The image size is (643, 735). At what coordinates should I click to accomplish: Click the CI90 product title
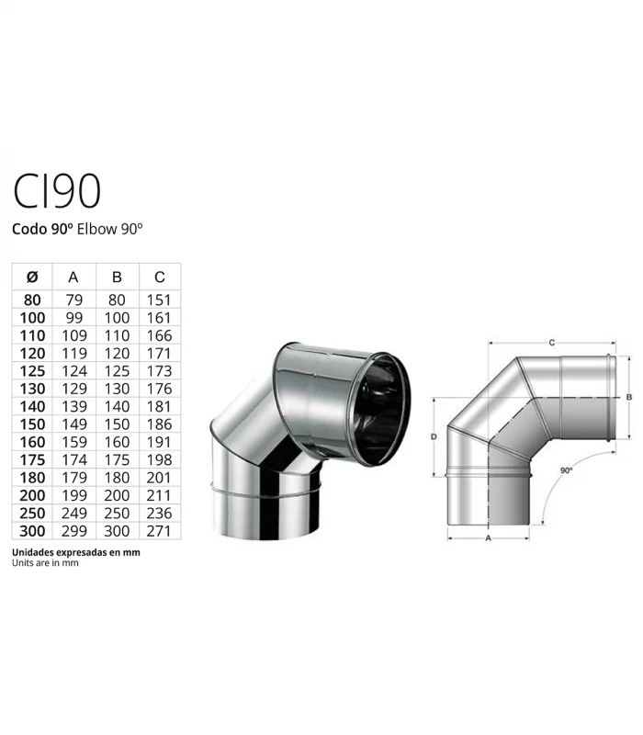[57, 190]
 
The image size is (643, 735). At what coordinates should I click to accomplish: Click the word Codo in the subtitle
[30, 230]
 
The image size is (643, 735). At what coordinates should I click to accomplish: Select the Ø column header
[32, 277]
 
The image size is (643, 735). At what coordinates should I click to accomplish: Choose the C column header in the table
[160, 277]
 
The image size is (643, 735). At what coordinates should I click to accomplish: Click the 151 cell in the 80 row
[160, 300]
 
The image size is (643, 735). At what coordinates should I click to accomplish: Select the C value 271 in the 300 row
[160, 531]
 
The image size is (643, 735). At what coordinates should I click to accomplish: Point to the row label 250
[32, 512]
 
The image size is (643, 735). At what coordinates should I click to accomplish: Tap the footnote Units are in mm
[45, 563]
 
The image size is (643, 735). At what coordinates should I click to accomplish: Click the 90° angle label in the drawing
[566, 469]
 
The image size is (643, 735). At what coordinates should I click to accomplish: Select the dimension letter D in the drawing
[433, 437]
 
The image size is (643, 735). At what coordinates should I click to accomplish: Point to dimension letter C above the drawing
[551, 342]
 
